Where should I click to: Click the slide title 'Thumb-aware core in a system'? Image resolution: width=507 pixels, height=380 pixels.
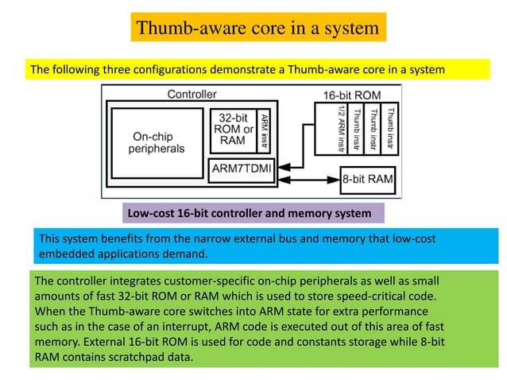(258, 28)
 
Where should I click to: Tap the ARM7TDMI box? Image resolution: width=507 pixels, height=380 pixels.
(242, 169)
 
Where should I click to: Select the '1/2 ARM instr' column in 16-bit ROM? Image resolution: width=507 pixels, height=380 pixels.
(342, 130)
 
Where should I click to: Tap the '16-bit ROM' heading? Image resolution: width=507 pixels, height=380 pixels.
(351, 95)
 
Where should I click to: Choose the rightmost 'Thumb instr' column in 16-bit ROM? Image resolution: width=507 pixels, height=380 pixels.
(389, 130)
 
